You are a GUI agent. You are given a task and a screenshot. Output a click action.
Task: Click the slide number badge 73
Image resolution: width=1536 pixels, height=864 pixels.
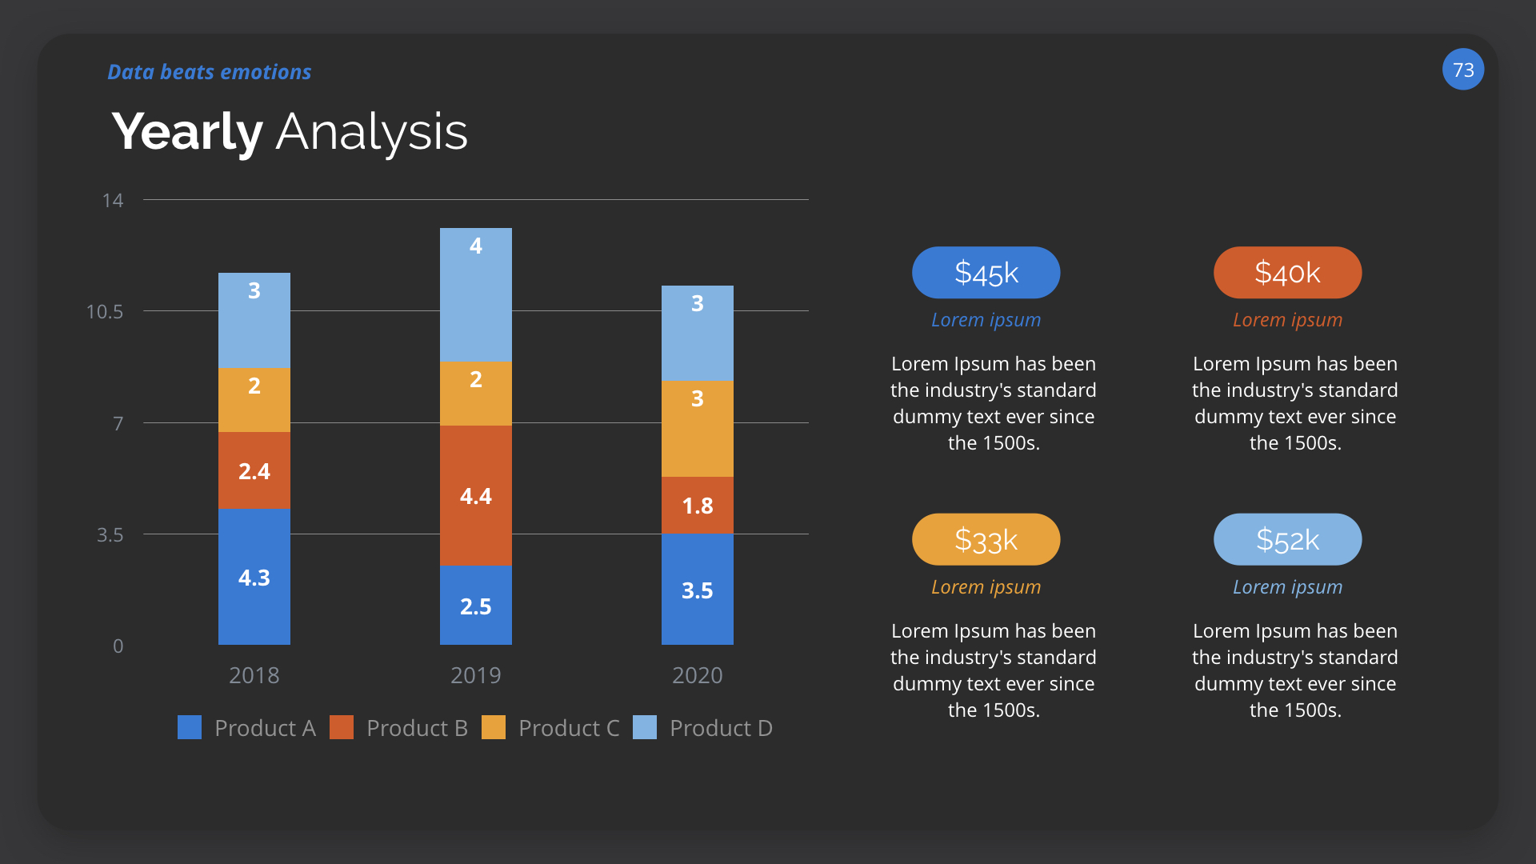coord(1462,70)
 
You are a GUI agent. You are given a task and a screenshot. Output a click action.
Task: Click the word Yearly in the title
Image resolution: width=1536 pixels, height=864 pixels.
coord(187,132)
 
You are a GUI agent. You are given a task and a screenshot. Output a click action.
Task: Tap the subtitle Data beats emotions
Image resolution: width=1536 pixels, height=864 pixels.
coord(209,72)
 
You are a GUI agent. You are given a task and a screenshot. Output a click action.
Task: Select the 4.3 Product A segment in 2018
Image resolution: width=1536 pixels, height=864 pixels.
coord(254,577)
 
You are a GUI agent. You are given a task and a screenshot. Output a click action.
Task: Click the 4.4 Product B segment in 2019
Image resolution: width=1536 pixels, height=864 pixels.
coord(475,496)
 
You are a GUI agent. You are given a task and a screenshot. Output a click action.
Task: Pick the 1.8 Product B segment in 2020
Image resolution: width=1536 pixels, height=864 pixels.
coord(697,506)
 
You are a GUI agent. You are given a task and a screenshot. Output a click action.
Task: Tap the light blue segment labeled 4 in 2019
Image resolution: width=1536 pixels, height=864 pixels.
coord(475,294)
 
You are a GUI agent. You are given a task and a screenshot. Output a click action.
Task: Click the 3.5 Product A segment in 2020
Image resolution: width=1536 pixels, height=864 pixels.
coord(697,590)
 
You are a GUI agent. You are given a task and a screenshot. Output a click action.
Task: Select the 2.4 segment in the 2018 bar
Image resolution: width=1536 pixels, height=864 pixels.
coord(254,470)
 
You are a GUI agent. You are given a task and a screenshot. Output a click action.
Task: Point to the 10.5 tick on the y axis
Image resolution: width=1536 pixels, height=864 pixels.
coord(105,312)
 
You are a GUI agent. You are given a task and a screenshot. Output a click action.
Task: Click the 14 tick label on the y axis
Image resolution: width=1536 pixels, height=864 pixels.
coord(113,201)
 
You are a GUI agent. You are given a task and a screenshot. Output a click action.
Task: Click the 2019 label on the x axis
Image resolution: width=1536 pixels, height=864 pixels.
coord(475,675)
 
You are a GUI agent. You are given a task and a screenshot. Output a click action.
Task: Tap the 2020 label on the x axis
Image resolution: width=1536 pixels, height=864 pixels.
coord(697,675)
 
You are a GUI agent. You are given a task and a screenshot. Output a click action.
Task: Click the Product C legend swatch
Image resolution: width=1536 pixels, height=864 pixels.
coord(494,727)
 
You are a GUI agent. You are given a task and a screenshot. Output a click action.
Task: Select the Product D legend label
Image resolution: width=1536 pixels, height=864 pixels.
coord(721,728)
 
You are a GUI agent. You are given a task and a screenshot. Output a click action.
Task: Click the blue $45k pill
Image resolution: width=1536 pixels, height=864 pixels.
coord(986,273)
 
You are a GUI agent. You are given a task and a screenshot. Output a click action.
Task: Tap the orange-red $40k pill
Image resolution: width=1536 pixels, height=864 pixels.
coord(1287,273)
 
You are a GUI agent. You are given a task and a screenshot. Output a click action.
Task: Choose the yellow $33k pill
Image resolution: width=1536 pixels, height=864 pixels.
coord(986,540)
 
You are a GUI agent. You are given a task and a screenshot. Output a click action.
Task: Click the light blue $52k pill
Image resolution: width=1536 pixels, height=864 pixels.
coord(1287,540)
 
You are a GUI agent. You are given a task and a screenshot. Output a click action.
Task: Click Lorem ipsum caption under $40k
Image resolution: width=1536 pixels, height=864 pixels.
coord(1287,320)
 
